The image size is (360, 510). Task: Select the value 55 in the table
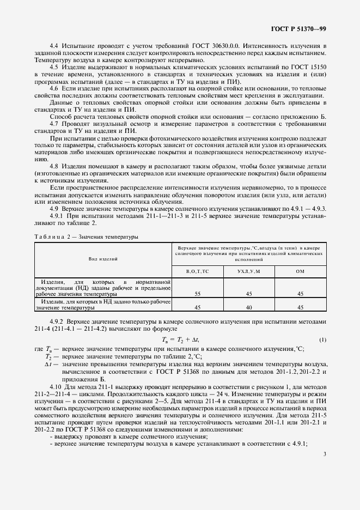(x=197, y=293)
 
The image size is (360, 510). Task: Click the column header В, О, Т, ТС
(x=197, y=271)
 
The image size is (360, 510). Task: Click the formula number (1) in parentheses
(x=322, y=340)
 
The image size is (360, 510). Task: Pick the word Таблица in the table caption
(x=50, y=237)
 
